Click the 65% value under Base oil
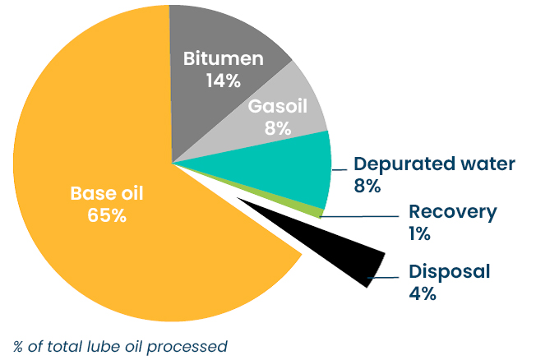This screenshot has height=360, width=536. [x=107, y=215]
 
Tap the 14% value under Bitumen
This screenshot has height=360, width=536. [x=224, y=81]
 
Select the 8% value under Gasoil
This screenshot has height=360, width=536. [x=278, y=128]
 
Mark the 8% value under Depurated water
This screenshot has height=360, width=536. [x=367, y=186]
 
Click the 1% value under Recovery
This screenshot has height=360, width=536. [x=419, y=234]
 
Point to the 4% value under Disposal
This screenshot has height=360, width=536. [x=423, y=293]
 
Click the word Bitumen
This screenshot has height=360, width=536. [x=224, y=58]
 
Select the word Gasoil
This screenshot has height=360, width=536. [x=278, y=106]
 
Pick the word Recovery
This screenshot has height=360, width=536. [x=453, y=213]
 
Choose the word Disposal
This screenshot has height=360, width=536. [x=450, y=272]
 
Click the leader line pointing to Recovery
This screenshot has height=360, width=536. [x=359, y=216]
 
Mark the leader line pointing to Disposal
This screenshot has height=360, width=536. [x=383, y=277]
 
